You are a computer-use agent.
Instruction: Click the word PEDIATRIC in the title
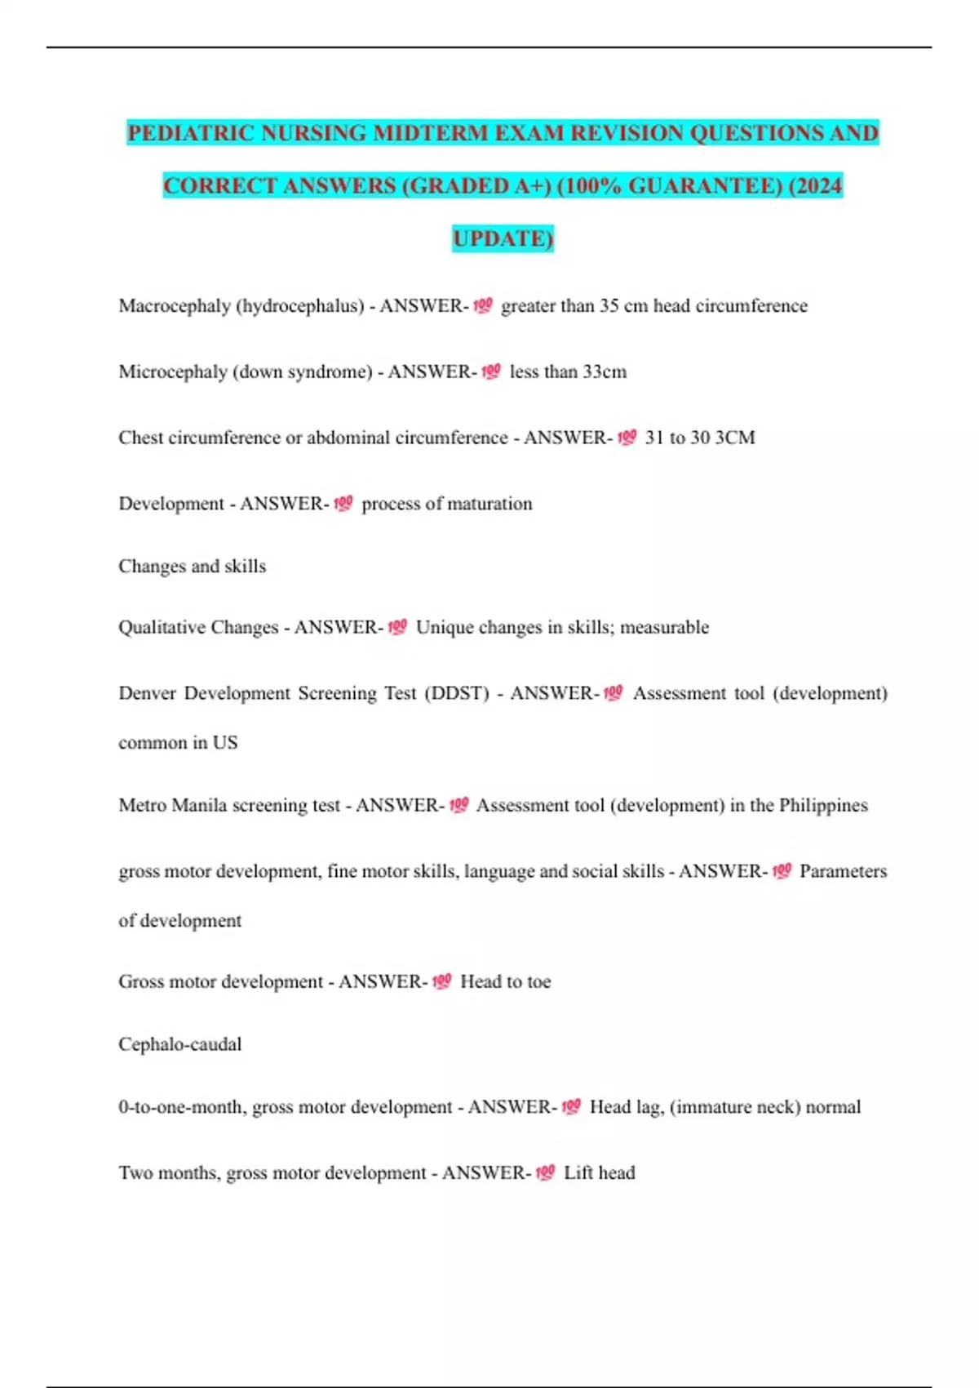190,133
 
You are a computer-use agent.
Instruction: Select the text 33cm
605,372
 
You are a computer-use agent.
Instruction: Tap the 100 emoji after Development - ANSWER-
343,504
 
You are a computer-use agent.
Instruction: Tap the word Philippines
823,806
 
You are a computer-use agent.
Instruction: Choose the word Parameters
843,872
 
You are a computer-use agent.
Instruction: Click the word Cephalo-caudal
179,1044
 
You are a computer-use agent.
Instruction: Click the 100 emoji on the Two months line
545,1173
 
